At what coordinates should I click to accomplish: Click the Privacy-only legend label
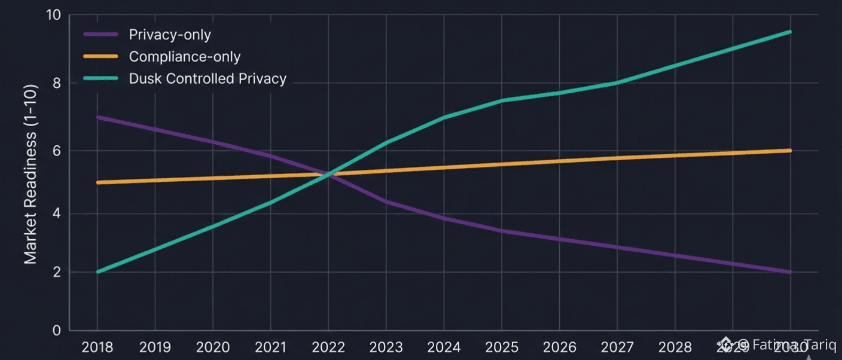(x=170, y=35)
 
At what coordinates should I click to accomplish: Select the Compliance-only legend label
(x=185, y=57)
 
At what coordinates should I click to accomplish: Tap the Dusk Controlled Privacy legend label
(x=208, y=78)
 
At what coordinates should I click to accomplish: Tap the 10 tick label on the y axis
(x=53, y=15)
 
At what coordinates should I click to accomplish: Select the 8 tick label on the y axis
(x=57, y=83)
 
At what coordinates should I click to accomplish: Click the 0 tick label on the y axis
(x=57, y=331)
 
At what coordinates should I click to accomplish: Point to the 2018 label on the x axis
(x=97, y=347)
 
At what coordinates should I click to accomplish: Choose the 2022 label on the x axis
(x=328, y=347)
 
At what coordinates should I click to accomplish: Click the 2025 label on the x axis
(x=501, y=347)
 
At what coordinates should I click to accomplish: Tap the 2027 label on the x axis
(x=617, y=347)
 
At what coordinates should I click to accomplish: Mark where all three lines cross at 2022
(x=328, y=174)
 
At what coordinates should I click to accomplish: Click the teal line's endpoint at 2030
(x=791, y=32)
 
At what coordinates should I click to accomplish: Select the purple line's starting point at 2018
(x=97, y=117)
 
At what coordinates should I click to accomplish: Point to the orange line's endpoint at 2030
(x=791, y=150)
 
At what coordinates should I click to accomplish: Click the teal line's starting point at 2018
(x=97, y=272)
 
